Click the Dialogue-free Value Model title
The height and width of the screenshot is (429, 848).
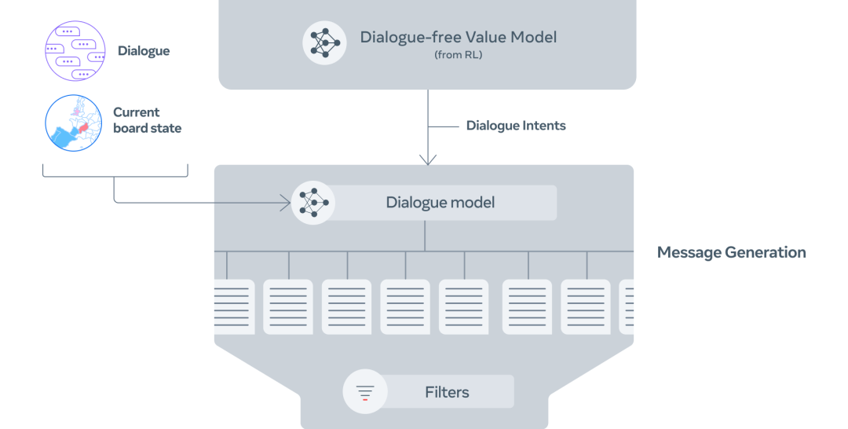coord(458,37)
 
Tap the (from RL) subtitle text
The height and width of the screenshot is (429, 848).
coord(458,55)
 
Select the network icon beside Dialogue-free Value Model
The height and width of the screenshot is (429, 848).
coord(324,42)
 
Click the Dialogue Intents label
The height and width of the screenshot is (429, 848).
coord(516,126)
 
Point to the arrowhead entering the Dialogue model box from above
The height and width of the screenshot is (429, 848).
coord(428,160)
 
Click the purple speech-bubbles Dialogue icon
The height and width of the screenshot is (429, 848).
coord(75,51)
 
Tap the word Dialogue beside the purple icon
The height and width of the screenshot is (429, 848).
coord(144,51)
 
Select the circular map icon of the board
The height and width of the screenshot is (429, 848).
coord(74,123)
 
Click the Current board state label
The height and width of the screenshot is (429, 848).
coord(147,120)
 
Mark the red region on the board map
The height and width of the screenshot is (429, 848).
coord(83,127)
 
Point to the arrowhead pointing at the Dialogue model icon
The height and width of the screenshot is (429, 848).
coord(286,203)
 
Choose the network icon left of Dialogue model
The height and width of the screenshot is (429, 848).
coord(313,203)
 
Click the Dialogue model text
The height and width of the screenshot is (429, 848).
coord(440,203)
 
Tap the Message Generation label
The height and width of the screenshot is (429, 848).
coord(731,252)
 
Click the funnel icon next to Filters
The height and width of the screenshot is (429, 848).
coord(365,391)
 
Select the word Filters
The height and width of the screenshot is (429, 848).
coord(447,391)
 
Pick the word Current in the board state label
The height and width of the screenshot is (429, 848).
coord(137,112)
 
